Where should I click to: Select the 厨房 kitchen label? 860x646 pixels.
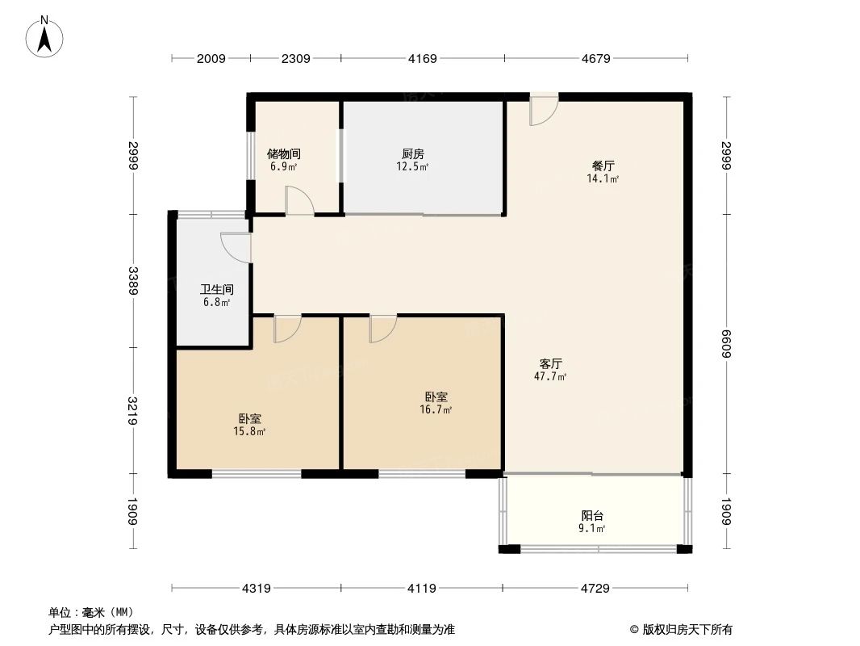412,153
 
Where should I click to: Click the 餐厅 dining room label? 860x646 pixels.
603,166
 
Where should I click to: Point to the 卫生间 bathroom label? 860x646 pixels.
216,290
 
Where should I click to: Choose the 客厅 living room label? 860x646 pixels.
552,363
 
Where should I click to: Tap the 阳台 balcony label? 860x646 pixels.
593,516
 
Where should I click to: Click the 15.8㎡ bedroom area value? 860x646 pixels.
249,432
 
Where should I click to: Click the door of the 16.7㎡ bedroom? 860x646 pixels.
382,329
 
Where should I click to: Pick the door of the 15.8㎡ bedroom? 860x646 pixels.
286,329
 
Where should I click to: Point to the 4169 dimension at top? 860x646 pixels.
423,58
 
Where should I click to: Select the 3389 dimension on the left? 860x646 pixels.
134,280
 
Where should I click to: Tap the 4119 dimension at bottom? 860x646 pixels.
420,589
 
